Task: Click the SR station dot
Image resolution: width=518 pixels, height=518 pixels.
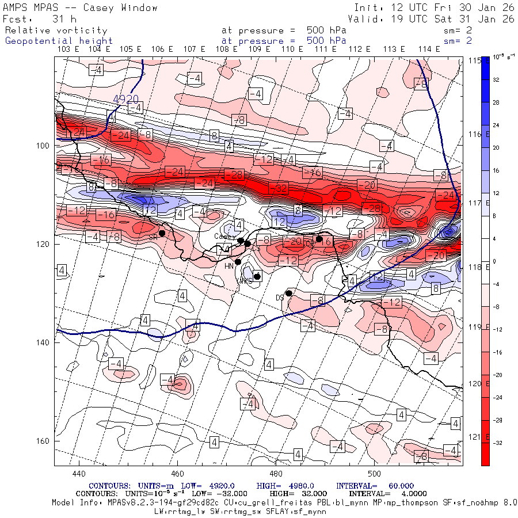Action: click(162, 233)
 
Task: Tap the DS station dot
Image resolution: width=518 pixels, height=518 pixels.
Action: click(289, 293)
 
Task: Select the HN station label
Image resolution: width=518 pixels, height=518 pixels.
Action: click(228, 266)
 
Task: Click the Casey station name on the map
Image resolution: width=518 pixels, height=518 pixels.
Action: click(224, 236)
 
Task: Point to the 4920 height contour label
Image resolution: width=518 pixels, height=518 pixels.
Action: click(125, 99)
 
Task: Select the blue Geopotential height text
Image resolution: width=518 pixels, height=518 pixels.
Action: click(59, 41)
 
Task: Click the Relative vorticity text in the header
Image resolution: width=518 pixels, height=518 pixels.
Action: click(56, 31)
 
